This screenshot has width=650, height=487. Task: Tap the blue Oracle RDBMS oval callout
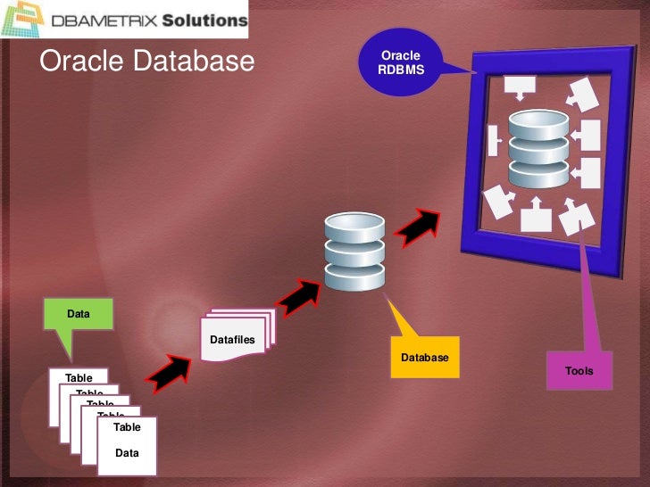click(x=399, y=62)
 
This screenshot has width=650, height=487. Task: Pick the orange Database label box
click(x=424, y=358)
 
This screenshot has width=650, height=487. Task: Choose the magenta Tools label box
click(x=579, y=370)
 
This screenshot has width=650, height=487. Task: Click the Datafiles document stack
click(x=235, y=337)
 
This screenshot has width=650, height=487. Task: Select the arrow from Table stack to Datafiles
click(x=167, y=373)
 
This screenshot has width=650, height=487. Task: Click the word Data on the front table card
click(x=127, y=453)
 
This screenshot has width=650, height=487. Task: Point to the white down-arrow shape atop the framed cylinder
click(x=519, y=87)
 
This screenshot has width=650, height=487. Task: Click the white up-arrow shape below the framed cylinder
click(x=536, y=215)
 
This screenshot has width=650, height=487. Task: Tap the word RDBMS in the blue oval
click(x=400, y=70)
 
